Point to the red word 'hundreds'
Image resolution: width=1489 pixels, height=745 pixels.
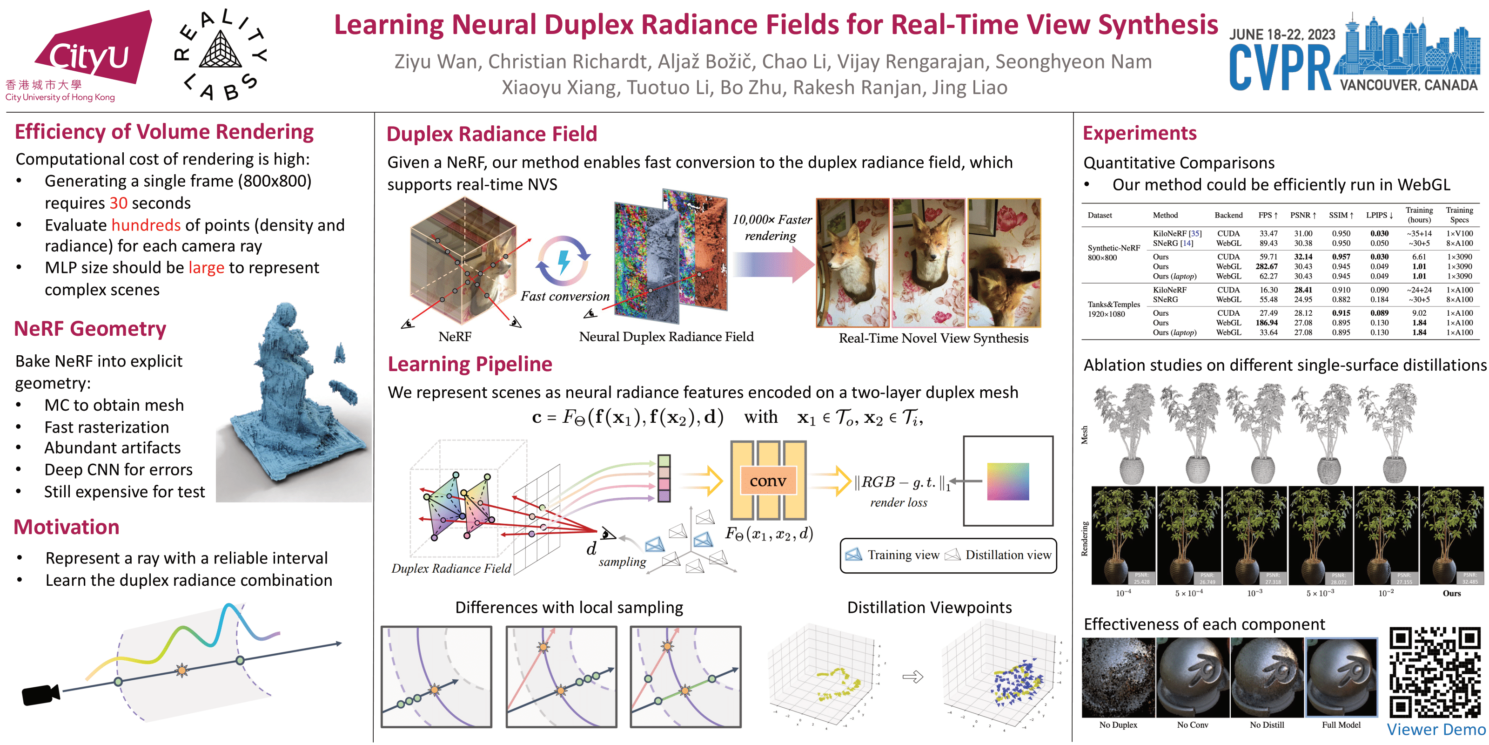coord(146,225)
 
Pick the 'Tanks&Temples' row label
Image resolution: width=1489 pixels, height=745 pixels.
coord(1113,304)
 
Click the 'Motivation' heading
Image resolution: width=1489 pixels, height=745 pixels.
coord(67,528)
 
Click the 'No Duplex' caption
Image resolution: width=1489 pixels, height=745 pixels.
coord(1118,725)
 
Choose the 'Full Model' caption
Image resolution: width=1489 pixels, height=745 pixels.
coord(1341,725)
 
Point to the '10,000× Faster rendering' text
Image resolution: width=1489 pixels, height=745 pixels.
coord(771,227)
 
